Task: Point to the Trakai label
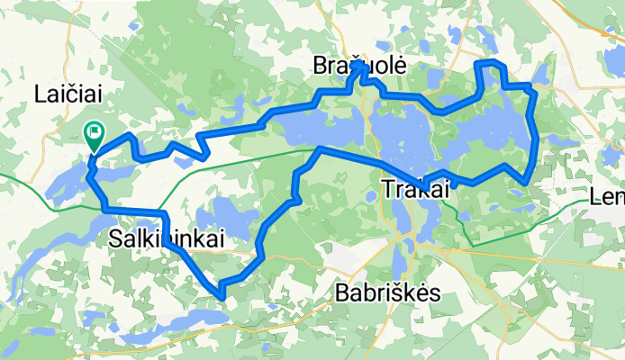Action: pyautogui.click(x=415, y=189)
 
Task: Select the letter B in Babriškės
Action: pyautogui.click(x=340, y=292)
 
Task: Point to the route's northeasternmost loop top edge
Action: pyautogui.click(x=487, y=63)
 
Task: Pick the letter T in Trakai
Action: pyautogui.click(x=387, y=189)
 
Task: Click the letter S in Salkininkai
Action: pyautogui.click(x=113, y=238)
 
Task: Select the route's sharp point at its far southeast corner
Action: pyautogui.click(x=526, y=182)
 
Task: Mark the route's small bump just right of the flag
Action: pyautogui.click(x=132, y=137)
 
